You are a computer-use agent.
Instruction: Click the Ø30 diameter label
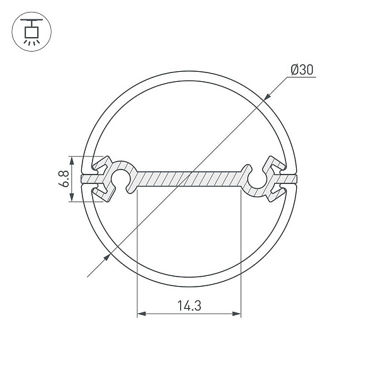[302, 70]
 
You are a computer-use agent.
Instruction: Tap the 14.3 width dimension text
[189, 306]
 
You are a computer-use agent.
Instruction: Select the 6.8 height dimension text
[64, 179]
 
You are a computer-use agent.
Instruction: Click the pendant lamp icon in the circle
[31, 32]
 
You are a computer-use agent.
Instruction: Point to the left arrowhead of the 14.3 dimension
[142, 314]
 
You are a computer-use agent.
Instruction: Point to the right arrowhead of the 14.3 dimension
[236, 314]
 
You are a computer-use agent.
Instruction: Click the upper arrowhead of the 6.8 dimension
[72, 161]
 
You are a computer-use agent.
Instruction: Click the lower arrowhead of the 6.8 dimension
[72, 197]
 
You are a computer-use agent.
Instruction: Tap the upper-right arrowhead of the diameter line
[267, 96]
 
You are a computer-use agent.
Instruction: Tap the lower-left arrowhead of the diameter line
[107, 257]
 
